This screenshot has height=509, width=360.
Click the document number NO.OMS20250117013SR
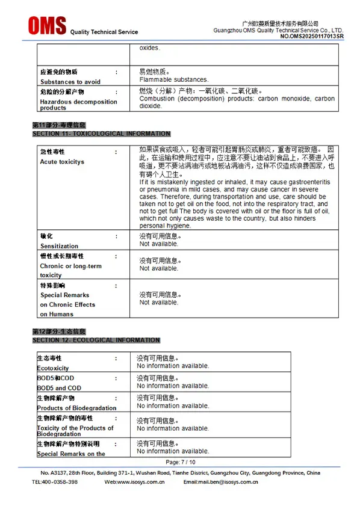tap(311, 37)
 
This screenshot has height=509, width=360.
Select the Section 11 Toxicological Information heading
tap(101, 134)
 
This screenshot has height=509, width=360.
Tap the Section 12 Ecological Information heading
tap(96, 341)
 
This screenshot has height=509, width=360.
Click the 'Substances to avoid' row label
tap(70, 82)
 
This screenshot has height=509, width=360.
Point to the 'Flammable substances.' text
tap(173, 79)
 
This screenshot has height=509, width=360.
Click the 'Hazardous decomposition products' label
tap(78, 105)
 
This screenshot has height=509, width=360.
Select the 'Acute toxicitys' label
tap(62, 162)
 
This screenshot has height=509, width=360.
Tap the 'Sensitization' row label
tap(59, 246)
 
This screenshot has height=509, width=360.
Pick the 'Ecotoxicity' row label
tap(53, 368)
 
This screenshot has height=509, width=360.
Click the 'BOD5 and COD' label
tap(59, 388)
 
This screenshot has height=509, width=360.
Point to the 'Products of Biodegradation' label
tap(76, 408)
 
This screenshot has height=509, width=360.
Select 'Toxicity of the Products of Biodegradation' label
tap(75, 431)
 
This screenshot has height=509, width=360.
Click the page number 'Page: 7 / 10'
tap(181, 462)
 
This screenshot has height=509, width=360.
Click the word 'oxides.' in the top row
tap(150, 48)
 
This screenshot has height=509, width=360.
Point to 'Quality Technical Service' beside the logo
tap(104, 32)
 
